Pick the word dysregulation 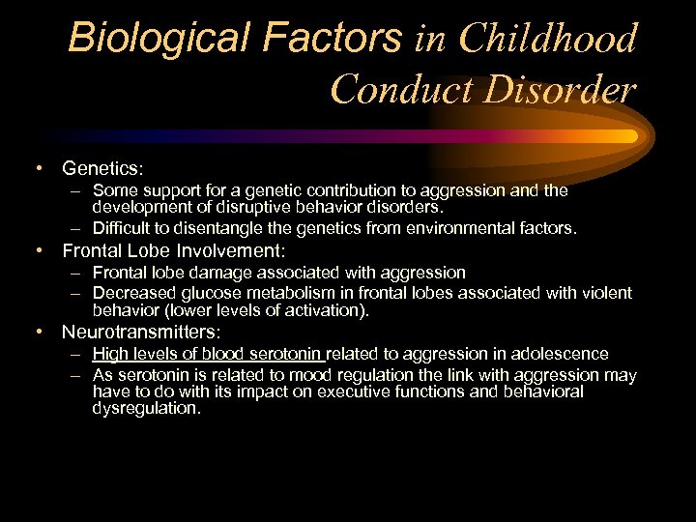pos(146,408)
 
